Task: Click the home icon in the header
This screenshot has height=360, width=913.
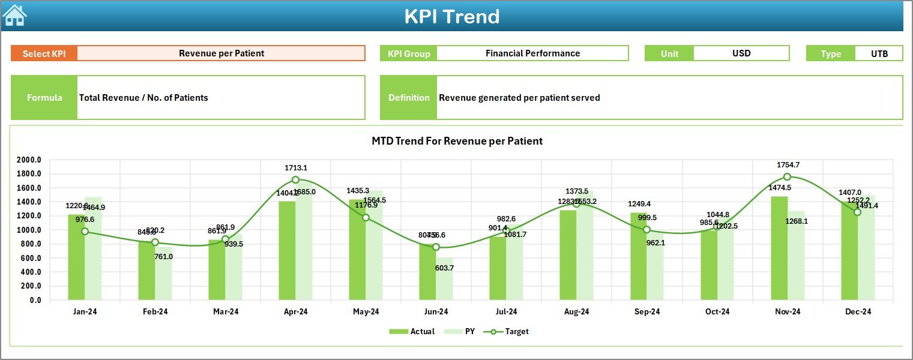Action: point(14,15)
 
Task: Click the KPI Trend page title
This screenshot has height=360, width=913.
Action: point(451,16)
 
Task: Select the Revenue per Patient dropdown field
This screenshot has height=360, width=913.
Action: point(221,53)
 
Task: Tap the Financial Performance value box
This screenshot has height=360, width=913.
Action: point(532,53)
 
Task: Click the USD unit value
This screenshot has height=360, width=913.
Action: point(741,53)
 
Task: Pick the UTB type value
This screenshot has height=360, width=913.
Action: point(879,53)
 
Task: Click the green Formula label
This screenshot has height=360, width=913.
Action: point(44,98)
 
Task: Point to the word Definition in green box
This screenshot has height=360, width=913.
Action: point(409,98)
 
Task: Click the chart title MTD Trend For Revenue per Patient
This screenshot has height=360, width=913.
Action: point(457,141)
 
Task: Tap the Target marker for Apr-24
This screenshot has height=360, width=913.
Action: point(295,180)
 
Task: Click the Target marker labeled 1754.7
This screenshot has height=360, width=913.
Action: point(787,177)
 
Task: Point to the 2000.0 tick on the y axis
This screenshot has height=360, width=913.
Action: point(29,160)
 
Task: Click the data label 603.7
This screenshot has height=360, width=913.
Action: point(444,268)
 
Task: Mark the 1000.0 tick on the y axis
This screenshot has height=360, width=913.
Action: point(29,230)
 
